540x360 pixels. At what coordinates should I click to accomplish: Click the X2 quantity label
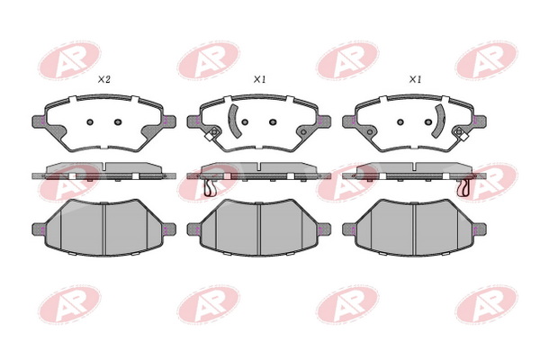click(104, 79)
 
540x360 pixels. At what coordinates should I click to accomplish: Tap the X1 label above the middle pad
click(259, 79)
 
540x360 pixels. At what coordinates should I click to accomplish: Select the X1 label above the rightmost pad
click(415, 79)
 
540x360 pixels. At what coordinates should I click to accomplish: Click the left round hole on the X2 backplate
click(90, 122)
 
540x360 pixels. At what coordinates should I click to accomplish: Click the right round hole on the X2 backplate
click(118, 122)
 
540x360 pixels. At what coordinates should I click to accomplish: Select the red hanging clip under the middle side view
click(210, 188)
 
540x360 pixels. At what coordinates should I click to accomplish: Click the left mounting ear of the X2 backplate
click(39, 121)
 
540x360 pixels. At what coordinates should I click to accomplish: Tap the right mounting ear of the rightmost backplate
click(480, 121)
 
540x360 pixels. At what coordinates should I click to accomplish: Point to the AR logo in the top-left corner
click(69, 61)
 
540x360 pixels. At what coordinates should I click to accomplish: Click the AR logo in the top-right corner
click(486, 61)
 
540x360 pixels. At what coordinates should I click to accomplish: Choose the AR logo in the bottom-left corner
click(69, 304)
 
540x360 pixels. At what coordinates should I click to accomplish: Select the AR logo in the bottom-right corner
click(486, 304)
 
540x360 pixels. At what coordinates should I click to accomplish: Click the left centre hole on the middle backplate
click(245, 122)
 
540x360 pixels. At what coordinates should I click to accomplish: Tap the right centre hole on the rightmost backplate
click(428, 122)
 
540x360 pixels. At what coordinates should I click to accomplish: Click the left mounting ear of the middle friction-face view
click(193, 229)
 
